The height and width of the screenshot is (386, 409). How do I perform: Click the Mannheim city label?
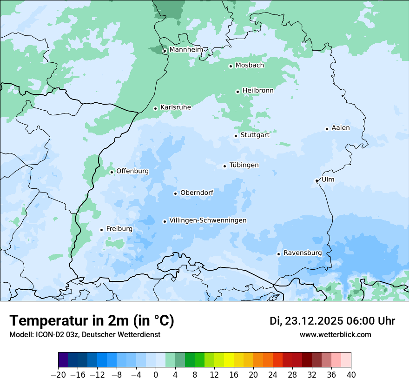pos(186,50)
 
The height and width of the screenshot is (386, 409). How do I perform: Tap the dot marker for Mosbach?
pos(231,66)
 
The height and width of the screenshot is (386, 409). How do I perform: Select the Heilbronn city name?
pos(258,91)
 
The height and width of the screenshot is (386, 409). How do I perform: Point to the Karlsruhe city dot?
pos(155,108)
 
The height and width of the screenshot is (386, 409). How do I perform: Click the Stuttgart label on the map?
pos(255,135)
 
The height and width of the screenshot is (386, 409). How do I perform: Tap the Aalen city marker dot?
pos(327,129)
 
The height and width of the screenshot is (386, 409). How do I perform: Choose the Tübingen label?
pos(244,166)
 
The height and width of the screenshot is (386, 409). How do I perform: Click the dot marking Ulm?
pos(317,180)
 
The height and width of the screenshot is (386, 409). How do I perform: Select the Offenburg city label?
pos(132,171)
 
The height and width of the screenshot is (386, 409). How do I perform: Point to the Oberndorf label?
pos(197,193)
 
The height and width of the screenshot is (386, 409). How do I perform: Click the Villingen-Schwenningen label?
pos(208,220)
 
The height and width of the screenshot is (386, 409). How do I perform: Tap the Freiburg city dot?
pos(101,230)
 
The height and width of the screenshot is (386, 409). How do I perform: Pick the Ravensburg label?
pos(303,253)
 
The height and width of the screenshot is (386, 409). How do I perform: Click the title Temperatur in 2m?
pos(92,320)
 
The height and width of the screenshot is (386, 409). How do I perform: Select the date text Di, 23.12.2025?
pos(306,321)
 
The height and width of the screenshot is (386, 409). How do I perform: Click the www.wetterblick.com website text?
pos(335,335)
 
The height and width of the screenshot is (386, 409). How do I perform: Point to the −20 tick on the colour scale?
pos(58,375)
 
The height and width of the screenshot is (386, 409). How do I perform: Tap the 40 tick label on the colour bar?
pos(351,375)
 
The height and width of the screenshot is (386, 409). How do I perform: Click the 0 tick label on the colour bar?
pos(156,375)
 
